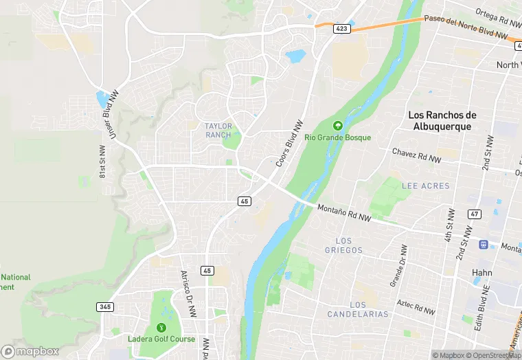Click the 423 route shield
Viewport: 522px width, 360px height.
(x=342, y=28)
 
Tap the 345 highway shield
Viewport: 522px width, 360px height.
(x=105, y=306)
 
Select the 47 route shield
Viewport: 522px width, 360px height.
(x=474, y=214)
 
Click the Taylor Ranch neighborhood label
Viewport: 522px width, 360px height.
(x=219, y=130)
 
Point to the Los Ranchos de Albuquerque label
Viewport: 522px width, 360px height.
(x=442, y=120)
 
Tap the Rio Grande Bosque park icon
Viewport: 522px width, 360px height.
(x=337, y=126)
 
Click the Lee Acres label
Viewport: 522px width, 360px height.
(x=426, y=185)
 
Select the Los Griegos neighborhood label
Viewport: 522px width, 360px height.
(x=343, y=245)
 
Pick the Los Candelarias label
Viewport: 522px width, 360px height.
(x=369, y=309)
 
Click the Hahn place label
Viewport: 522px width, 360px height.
(x=481, y=273)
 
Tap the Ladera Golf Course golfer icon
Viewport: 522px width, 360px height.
(x=162, y=327)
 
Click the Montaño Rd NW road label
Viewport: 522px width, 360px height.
(x=343, y=213)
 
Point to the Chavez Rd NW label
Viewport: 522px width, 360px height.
(x=416, y=155)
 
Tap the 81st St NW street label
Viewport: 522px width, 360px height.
(x=102, y=161)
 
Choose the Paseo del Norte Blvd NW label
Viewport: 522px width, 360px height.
(x=466, y=27)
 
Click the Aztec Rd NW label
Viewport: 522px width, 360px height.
(x=416, y=306)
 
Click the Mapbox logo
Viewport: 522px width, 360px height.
(x=30, y=351)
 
